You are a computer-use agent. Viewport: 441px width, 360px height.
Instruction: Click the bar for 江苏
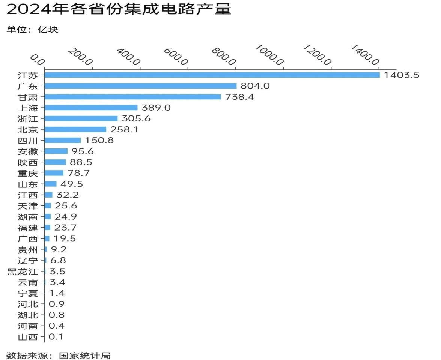click(x=212, y=75)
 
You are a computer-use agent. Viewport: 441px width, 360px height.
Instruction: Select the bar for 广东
click(x=141, y=86)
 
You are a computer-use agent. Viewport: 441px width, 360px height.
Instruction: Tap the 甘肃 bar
click(x=133, y=97)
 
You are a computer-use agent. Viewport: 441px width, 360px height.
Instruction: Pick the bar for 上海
click(x=91, y=108)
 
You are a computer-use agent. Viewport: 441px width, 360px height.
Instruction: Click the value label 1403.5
click(x=401, y=75)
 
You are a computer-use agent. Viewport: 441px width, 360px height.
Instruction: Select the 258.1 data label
click(x=125, y=129)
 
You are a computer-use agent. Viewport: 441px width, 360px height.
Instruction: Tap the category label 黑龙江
click(x=23, y=271)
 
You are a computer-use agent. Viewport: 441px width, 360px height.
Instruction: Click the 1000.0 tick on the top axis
click(x=269, y=55)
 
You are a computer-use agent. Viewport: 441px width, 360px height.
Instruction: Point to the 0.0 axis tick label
click(x=37, y=59)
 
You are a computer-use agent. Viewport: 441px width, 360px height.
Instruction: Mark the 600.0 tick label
click(x=176, y=57)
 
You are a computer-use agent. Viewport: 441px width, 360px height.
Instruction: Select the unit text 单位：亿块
click(x=33, y=30)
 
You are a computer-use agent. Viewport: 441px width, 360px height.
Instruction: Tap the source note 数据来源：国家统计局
click(x=59, y=355)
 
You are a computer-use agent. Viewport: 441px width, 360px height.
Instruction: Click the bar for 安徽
click(x=56, y=151)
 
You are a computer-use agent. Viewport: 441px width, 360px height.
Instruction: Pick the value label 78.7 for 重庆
click(x=79, y=173)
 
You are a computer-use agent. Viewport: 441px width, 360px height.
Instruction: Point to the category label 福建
click(x=28, y=228)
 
